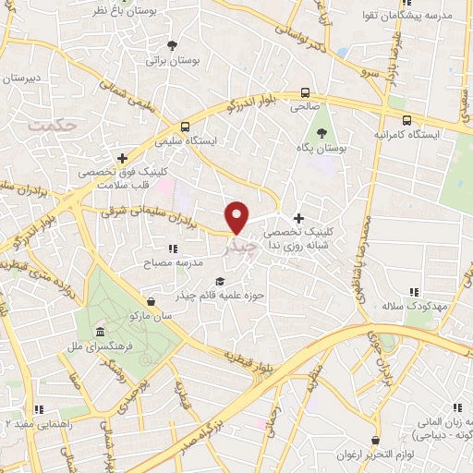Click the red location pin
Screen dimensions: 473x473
click(x=237, y=216)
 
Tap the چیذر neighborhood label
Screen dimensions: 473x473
click(x=238, y=248)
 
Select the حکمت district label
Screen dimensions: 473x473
click(x=49, y=123)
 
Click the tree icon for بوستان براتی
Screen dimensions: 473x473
click(x=172, y=45)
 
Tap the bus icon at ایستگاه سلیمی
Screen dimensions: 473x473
click(x=185, y=127)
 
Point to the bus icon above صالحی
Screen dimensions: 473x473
click(x=304, y=92)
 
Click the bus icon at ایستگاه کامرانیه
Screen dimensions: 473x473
click(x=407, y=119)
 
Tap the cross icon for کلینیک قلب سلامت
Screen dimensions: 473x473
click(x=122, y=157)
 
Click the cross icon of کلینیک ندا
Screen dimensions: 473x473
click(x=297, y=217)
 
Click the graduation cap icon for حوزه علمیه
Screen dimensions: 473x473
click(x=219, y=282)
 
